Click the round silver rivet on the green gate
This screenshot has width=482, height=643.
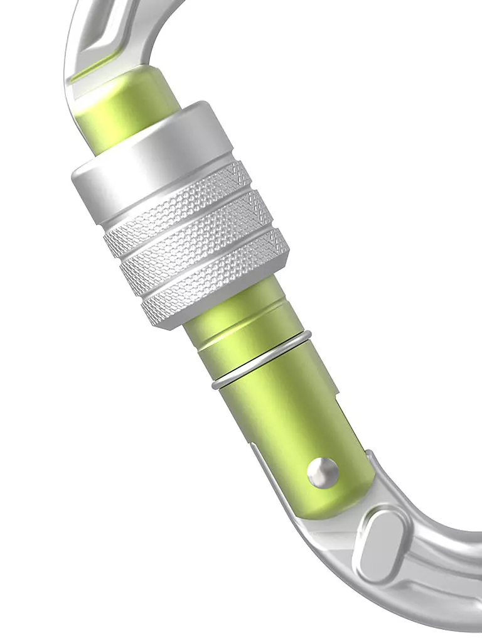tap(323, 471)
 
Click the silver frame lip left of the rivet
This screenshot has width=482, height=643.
tap(276, 477)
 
